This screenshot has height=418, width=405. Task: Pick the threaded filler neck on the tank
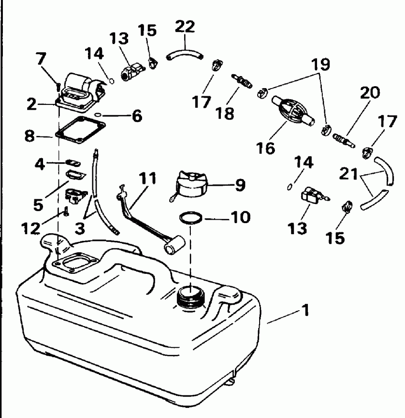(190, 296)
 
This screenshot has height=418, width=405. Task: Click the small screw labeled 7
(57, 86)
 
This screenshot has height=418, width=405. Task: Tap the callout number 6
(137, 116)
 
